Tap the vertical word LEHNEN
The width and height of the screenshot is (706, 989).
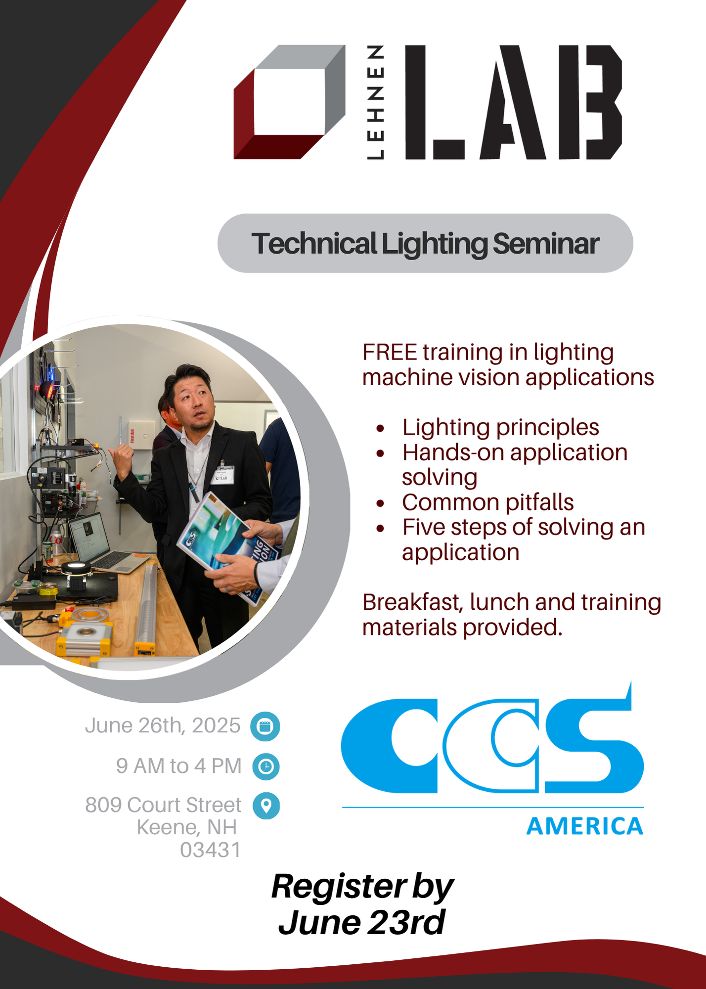(x=376, y=102)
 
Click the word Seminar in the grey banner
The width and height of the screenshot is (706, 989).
(x=546, y=244)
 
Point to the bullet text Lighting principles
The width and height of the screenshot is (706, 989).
(x=500, y=427)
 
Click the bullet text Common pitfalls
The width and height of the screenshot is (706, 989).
(x=488, y=502)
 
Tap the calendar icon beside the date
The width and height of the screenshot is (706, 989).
(x=265, y=726)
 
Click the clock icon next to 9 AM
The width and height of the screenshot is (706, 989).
(x=266, y=766)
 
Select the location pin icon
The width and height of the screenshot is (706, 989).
(x=266, y=806)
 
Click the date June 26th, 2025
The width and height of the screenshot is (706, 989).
(x=163, y=726)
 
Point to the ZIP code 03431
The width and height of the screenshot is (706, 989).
(x=210, y=850)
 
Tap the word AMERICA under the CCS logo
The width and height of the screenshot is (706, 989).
(x=585, y=826)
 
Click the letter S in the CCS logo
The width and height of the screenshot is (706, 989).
(x=593, y=747)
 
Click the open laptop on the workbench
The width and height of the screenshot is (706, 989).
(x=104, y=544)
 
